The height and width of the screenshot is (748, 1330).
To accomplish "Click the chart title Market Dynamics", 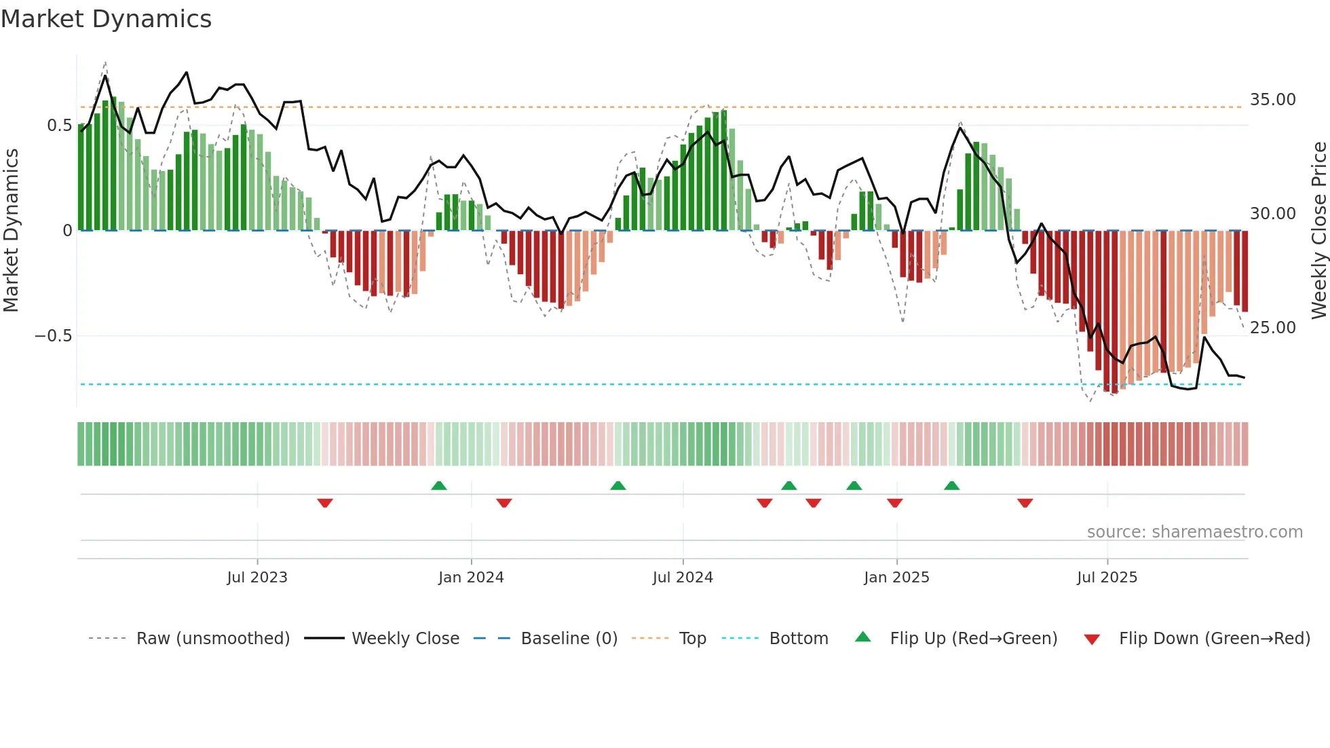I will [107, 19].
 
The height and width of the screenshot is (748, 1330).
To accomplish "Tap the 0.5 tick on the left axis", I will [59, 126].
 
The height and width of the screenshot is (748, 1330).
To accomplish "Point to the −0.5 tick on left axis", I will [53, 336].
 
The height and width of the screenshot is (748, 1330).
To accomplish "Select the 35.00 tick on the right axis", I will [1273, 100].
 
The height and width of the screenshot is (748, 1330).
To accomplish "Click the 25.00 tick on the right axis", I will [1273, 328].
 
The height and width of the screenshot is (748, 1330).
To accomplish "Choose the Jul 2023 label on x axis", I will [257, 578].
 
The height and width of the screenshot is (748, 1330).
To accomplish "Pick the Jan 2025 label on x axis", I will [896, 578].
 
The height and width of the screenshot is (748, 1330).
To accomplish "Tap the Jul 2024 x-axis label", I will [683, 578].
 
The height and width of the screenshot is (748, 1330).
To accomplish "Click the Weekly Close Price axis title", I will [1318, 231].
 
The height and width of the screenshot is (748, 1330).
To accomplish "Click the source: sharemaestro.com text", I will [1194, 532].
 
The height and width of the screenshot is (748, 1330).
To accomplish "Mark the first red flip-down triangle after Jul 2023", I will [325, 503].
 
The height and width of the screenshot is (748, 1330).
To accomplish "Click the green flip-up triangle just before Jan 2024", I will [439, 485].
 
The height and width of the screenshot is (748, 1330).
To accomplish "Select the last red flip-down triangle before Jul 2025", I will [1025, 503].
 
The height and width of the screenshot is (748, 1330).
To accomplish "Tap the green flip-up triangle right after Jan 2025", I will [952, 485].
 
